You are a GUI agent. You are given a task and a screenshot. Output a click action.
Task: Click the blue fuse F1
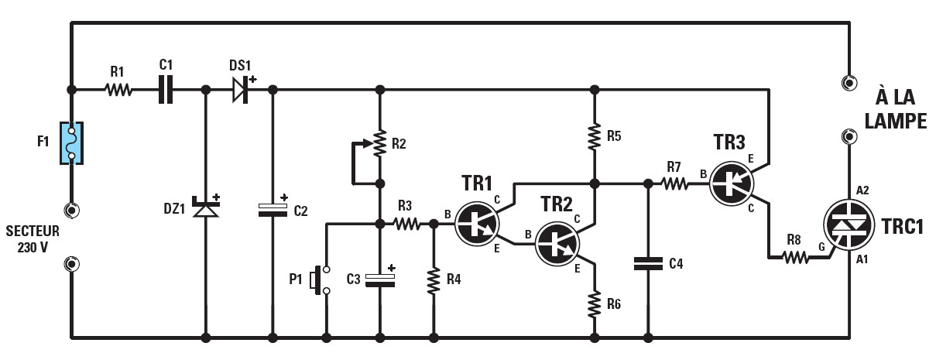point(72,144)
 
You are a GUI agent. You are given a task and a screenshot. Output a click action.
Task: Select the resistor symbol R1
point(118,90)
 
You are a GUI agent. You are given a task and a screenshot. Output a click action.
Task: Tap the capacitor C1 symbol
point(165,90)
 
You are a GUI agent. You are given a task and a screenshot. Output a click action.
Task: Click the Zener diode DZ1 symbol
point(206,207)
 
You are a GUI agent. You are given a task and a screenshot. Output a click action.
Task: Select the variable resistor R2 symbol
point(379,143)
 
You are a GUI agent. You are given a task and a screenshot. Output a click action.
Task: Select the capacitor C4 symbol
point(647,264)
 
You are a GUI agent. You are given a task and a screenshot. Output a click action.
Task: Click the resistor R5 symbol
point(594,137)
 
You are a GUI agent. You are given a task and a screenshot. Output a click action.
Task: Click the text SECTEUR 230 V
point(32,238)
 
